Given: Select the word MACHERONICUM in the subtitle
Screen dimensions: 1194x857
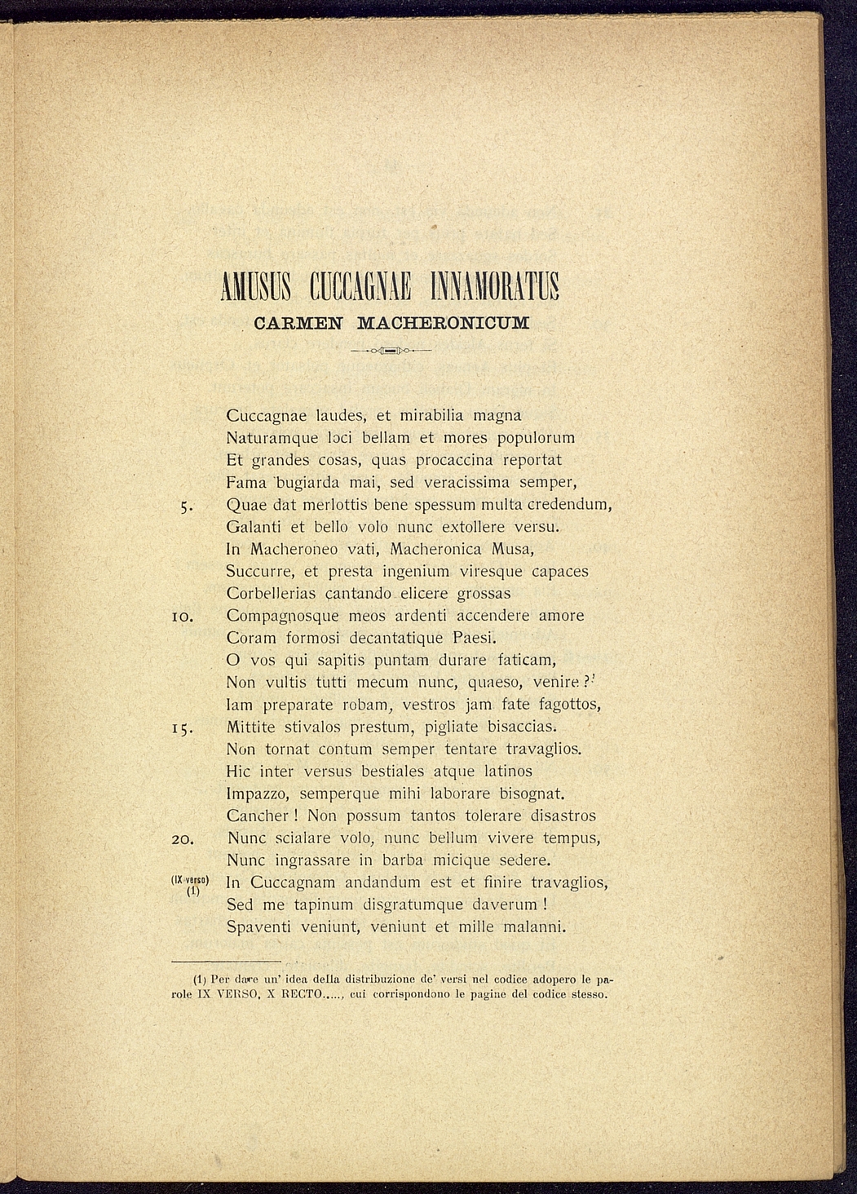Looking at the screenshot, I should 444,322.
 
